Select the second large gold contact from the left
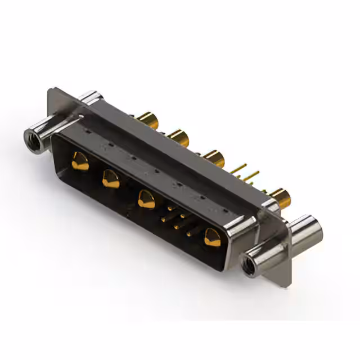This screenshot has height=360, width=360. pos(110,180)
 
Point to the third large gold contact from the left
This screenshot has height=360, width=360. pos(147,199)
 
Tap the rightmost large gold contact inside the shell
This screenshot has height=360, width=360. pos(213,236)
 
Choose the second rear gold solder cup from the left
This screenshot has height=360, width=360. pos(178,137)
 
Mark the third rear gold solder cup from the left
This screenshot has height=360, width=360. pos(213,157)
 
